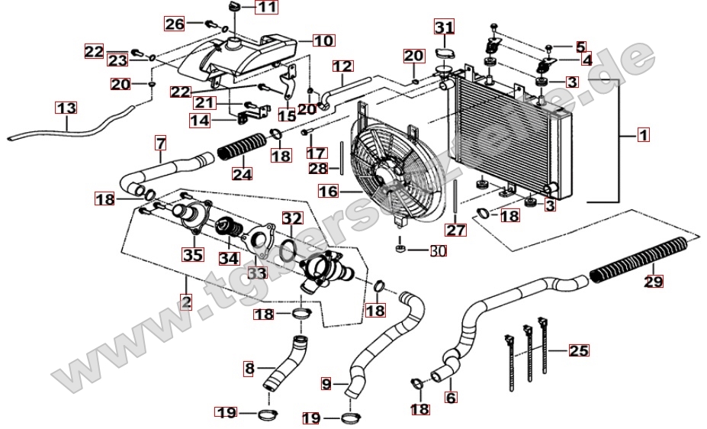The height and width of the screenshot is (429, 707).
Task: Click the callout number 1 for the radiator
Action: coord(643,136)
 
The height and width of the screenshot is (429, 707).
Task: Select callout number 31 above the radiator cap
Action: coord(444,29)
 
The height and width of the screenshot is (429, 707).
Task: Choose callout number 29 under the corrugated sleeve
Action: coord(654,282)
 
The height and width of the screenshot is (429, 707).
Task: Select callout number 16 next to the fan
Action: coord(328,192)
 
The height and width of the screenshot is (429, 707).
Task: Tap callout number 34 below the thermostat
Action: coord(229,258)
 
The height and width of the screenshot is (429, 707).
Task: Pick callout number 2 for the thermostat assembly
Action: coord(187,303)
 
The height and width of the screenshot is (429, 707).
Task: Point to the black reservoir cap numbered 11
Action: coord(235,7)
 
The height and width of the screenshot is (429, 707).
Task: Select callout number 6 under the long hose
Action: coord(450,397)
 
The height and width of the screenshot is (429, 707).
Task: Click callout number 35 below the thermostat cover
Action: coord(191,255)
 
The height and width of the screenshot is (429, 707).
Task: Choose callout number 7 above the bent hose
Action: coord(161,143)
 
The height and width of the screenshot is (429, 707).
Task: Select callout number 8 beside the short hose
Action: coord(249,369)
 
